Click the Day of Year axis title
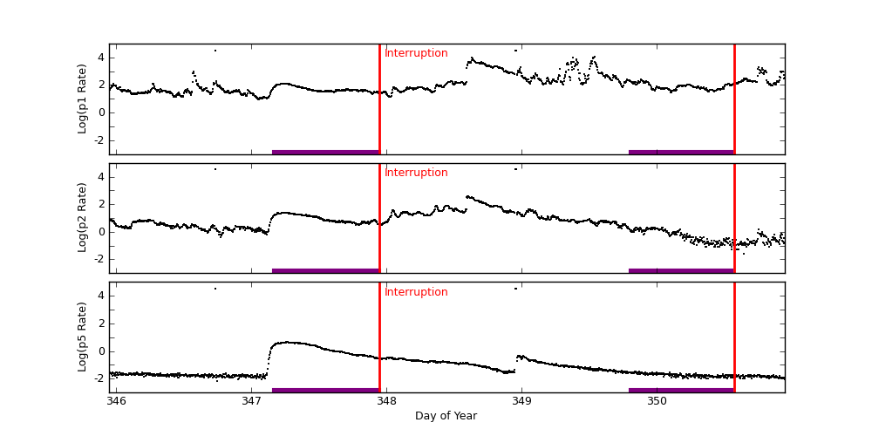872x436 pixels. (x=446, y=416)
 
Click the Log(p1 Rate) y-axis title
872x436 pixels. (x=83, y=99)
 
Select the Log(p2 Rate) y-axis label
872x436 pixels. (x=83, y=217)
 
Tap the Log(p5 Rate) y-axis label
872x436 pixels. (x=83, y=337)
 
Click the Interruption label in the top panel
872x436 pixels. (x=416, y=53)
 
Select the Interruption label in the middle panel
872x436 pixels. (x=416, y=173)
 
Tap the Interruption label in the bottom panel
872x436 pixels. (x=416, y=292)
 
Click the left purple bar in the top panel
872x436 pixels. (x=325, y=152)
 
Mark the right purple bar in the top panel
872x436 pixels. (x=681, y=152)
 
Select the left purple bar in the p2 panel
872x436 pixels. (x=325, y=270)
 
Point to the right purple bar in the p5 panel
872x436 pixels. (x=681, y=390)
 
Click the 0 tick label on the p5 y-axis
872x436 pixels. (x=101, y=351)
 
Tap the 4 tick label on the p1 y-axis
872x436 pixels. (x=101, y=58)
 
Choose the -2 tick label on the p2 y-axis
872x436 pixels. (x=99, y=259)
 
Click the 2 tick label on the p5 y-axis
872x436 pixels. (x=101, y=324)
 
